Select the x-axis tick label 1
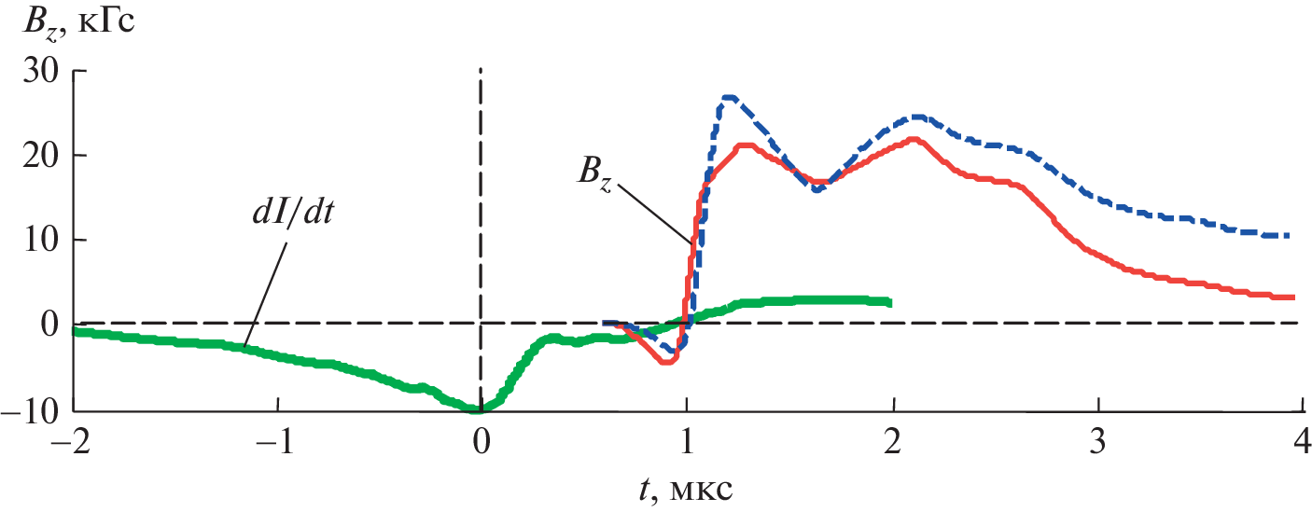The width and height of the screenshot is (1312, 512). click(x=687, y=440)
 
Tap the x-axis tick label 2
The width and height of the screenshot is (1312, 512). click(x=893, y=440)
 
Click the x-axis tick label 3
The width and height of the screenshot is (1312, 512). click(x=1098, y=440)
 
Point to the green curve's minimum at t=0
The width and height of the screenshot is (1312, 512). click(x=480, y=408)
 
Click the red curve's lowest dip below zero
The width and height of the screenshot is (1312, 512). click(x=665, y=361)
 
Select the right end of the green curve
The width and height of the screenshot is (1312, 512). click(x=890, y=302)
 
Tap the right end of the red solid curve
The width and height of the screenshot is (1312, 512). click(x=1292, y=298)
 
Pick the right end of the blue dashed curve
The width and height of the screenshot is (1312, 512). click(x=1288, y=236)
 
